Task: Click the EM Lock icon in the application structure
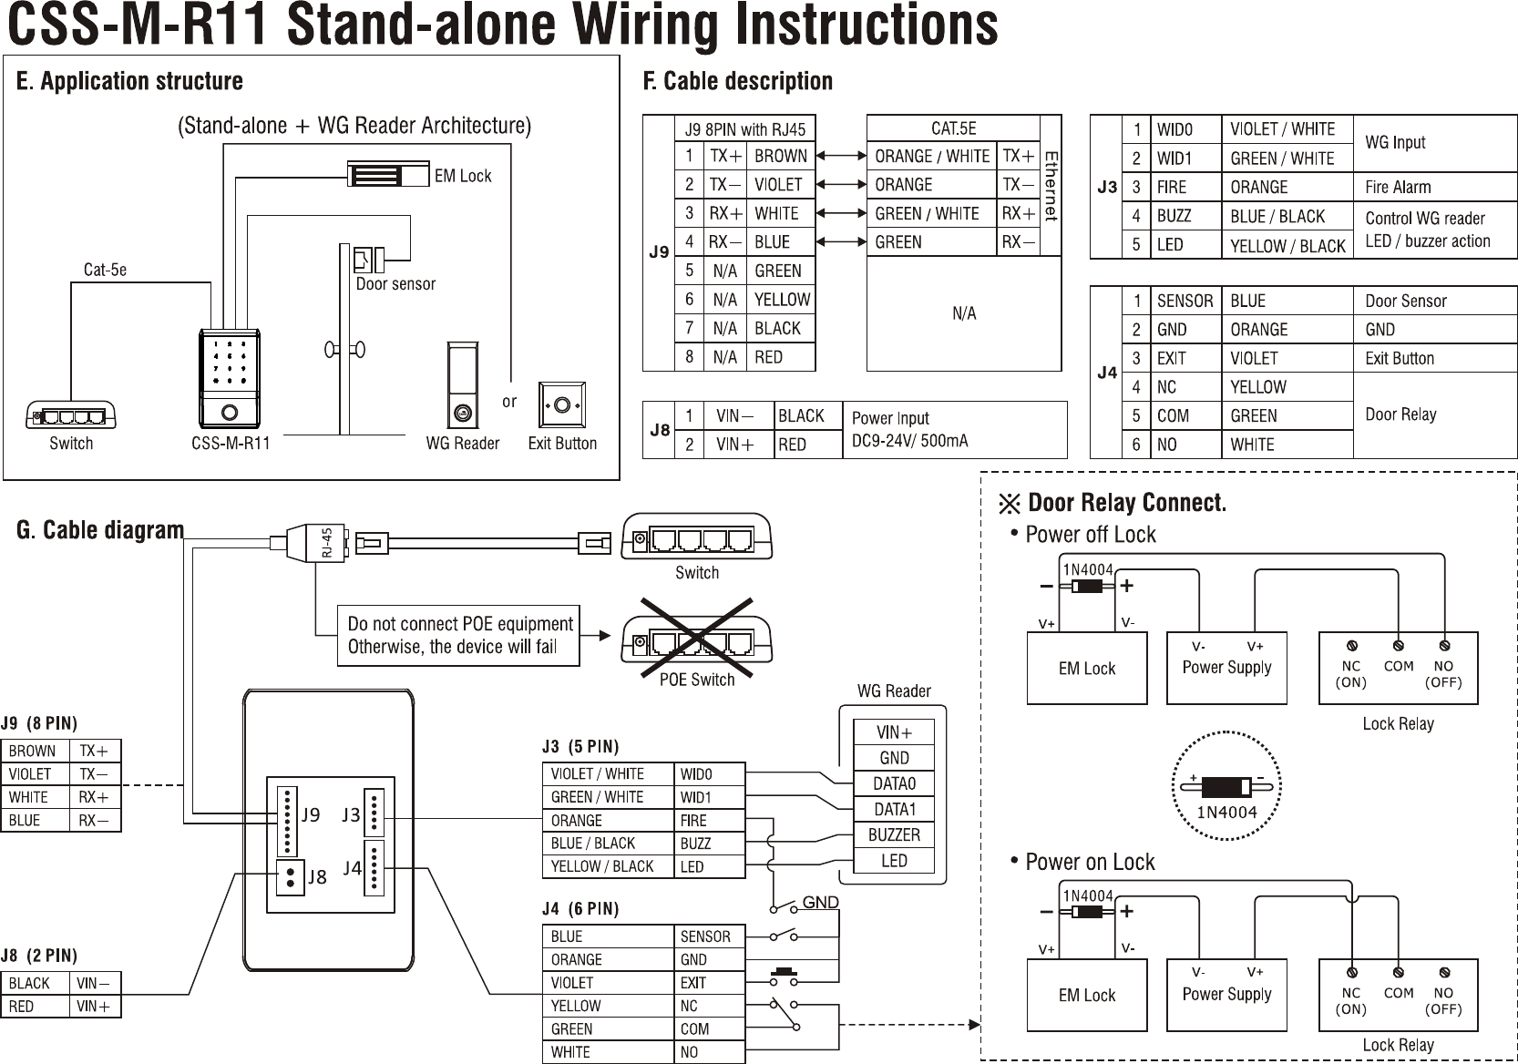click(x=387, y=174)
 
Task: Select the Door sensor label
click(x=395, y=284)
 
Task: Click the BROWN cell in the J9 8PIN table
click(x=781, y=156)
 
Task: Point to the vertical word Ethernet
click(x=1051, y=185)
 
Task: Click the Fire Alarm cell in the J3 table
click(x=1398, y=188)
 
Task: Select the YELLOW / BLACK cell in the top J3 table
click(x=1287, y=246)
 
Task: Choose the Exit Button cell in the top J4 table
click(x=1400, y=359)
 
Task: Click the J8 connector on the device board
click(x=291, y=876)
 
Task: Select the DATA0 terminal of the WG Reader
click(x=894, y=783)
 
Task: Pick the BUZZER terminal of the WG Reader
click(x=894, y=834)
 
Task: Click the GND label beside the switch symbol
click(x=820, y=903)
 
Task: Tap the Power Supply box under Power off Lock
click(x=1226, y=668)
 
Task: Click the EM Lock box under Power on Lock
click(x=1086, y=995)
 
